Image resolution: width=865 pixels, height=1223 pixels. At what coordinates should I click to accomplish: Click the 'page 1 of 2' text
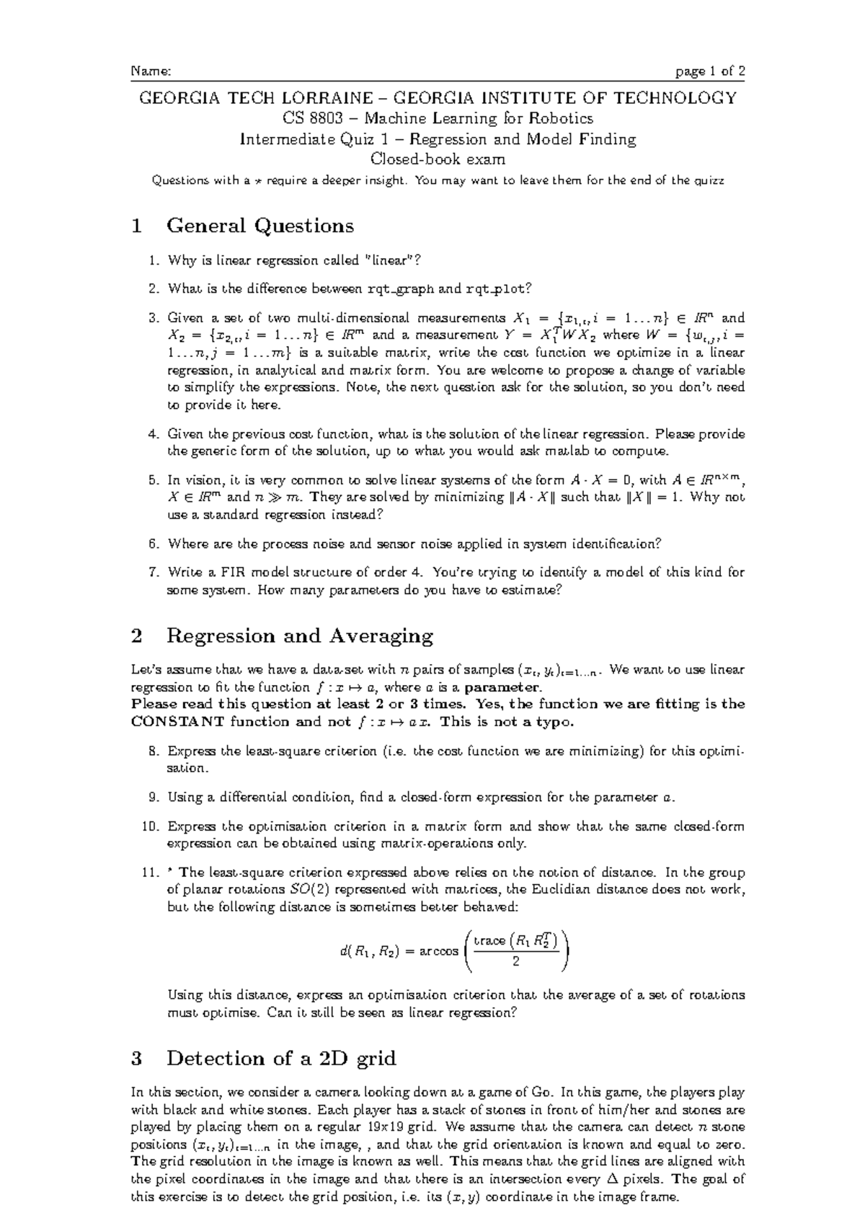[x=709, y=71]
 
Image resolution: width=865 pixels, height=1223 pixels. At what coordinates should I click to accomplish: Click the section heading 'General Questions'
[x=259, y=226]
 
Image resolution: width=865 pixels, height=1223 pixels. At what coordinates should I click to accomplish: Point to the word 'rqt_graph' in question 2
[x=401, y=289]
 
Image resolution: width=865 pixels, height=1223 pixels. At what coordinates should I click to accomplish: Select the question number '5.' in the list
[x=154, y=480]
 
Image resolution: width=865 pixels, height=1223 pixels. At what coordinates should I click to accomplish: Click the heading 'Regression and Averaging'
[x=299, y=636]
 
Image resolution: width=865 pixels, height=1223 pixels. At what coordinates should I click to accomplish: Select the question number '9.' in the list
[x=154, y=798]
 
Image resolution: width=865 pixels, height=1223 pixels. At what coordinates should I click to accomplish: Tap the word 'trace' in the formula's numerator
[x=489, y=940]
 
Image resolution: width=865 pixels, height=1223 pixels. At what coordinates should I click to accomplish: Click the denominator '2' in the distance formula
[x=515, y=961]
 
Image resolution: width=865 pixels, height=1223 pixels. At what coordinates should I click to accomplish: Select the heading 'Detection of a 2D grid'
[x=281, y=1059]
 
